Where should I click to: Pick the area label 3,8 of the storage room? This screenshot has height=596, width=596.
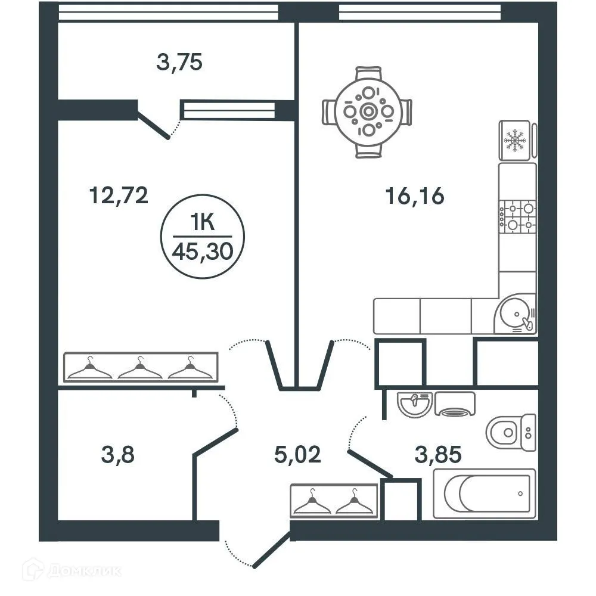click(117, 456)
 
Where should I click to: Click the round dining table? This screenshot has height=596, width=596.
click(368, 111)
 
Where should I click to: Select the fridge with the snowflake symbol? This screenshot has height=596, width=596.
click(515, 141)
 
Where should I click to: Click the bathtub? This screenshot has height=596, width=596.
click(484, 493)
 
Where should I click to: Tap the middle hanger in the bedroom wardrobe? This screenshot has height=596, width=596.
click(140, 369)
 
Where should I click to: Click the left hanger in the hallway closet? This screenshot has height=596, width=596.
click(311, 502)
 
